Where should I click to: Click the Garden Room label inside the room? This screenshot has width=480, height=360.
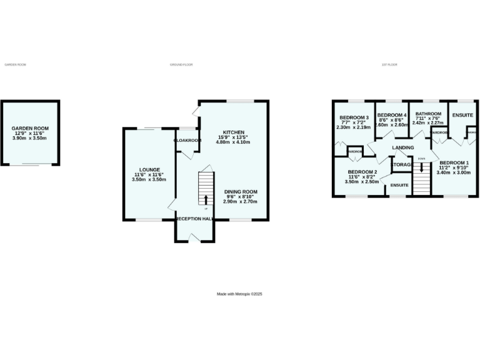[x=30, y=128]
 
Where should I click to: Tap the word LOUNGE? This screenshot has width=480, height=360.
[x=150, y=169]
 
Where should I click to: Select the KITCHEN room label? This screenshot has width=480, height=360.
[x=234, y=132]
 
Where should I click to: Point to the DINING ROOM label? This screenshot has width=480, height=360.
[x=241, y=191]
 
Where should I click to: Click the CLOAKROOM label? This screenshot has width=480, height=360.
[x=187, y=141]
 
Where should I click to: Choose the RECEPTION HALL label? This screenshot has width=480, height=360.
[x=194, y=219]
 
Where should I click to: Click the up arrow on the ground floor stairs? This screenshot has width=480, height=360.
[x=206, y=199]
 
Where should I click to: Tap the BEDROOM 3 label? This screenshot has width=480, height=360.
[x=354, y=117]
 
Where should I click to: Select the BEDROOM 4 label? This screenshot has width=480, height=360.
[x=392, y=115]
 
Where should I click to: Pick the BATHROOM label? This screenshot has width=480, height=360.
[x=428, y=114]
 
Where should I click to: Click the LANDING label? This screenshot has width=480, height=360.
[x=403, y=147]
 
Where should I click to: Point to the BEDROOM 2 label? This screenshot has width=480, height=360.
[x=362, y=172]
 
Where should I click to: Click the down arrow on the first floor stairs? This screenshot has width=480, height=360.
[x=421, y=166]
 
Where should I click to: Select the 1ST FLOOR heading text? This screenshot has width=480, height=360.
[x=389, y=64]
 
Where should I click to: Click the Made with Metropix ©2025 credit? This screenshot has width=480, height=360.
[x=239, y=293]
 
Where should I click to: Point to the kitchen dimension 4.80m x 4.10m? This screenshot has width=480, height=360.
[x=233, y=142]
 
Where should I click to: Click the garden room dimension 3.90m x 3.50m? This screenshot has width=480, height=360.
[x=30, y=137]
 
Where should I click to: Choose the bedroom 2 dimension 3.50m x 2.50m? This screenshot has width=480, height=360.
[x=362, y=181]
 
